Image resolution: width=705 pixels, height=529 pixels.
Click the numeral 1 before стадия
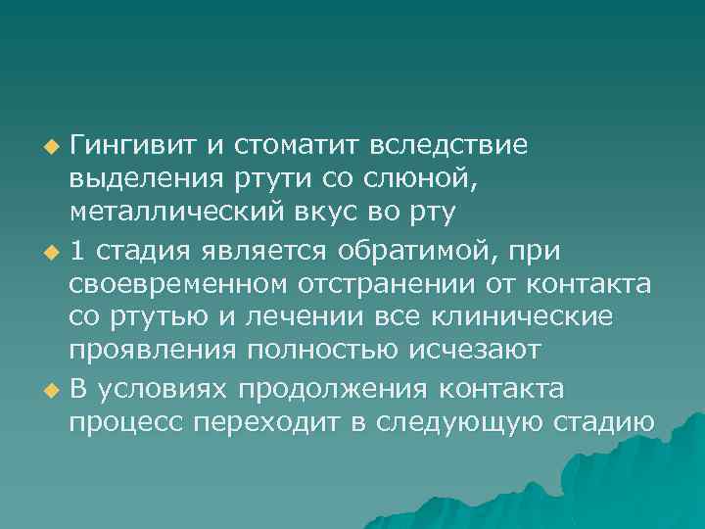tap(76, 250)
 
